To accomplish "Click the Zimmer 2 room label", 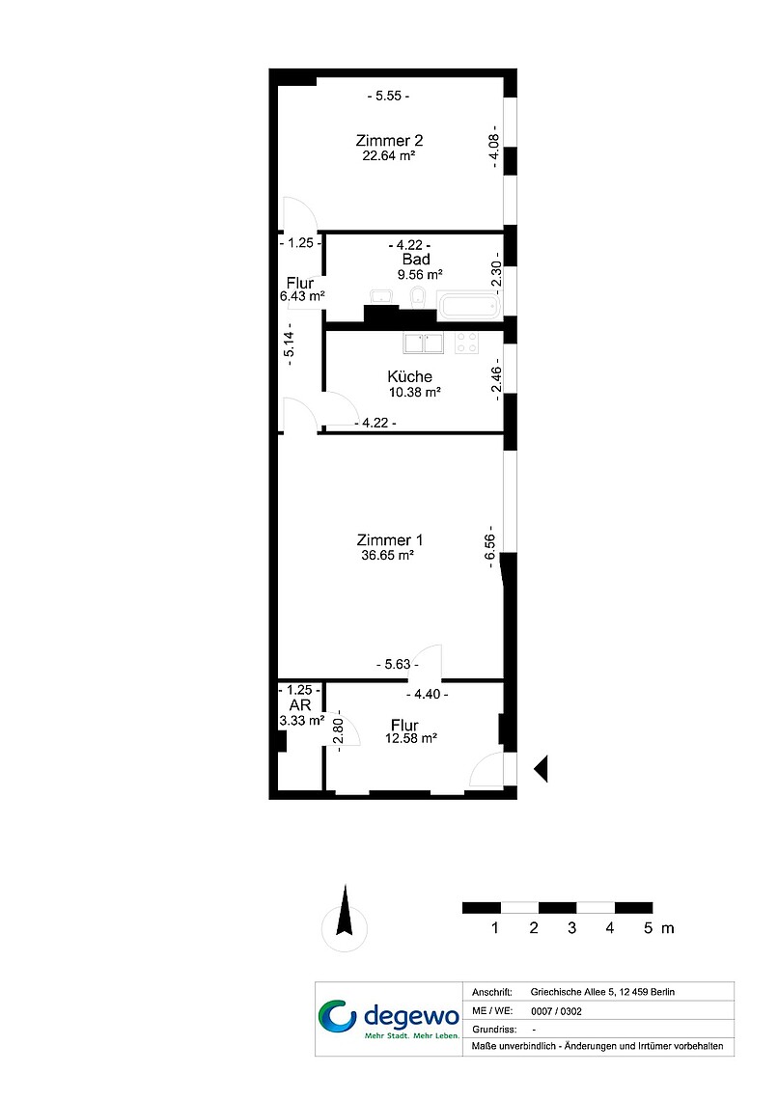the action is [x=389, y=140].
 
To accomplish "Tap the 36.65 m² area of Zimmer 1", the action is [x=387, y=555].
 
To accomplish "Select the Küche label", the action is [x=409, y=376].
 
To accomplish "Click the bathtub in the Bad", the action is [x=469, y=305].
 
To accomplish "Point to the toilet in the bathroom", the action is [x=417, y=297].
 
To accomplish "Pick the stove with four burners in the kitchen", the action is [x=466, y=344].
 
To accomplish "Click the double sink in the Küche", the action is [x=424, y=344].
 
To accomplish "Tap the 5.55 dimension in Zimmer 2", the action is [x=389, y=96].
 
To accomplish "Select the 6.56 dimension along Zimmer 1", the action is [x=489, y=547].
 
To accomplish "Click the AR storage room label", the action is [x=299, y=705].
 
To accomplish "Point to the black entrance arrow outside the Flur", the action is [x=541, y=770].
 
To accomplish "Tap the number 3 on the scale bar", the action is [x=571, y=928].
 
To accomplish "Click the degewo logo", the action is [x=389, y=1018].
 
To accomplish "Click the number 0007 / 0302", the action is [x=556, y=1011].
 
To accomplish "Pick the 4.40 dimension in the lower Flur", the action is [x=428, y=695].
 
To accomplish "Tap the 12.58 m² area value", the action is [x=411, y=738].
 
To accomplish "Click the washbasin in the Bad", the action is [x=381, y=296].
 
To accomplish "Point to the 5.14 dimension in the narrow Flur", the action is [x=289, y=344].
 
